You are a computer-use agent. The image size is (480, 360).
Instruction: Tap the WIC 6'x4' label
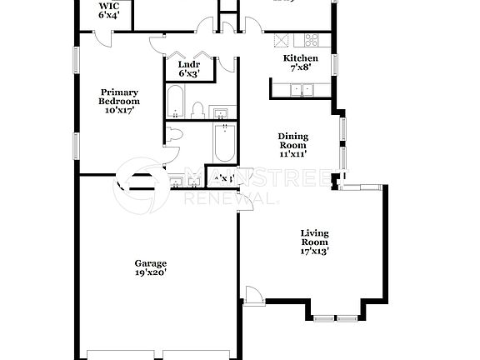tap(108, 10)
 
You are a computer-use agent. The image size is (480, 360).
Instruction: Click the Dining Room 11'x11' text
tap(292, 144)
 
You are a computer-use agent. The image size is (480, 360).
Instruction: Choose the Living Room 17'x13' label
tap(315, 242)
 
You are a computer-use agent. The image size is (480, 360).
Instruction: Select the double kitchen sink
tap(302, 89)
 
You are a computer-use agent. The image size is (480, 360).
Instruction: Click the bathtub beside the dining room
tap(226, 144)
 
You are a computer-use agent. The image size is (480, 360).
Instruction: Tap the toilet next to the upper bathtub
tap(198, 110)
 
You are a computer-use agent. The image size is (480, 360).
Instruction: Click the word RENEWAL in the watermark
tap(229, 201)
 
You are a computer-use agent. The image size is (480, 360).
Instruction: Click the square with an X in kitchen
tap(282, 39)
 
